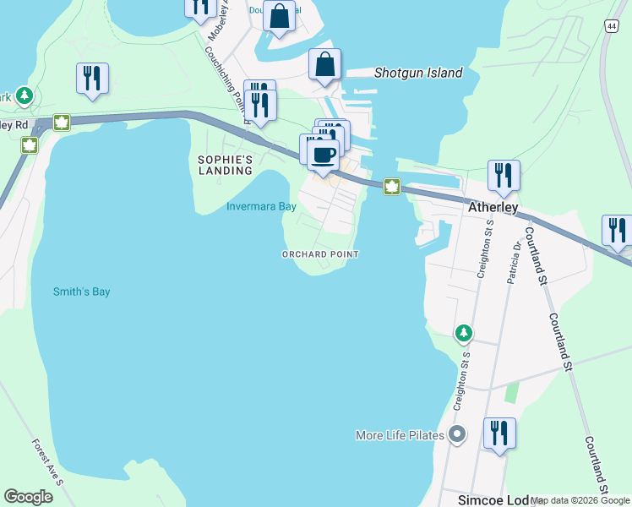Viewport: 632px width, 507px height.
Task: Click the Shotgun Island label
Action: (x=418, y=73)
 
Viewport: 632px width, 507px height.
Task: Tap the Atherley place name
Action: (x=493, y=206)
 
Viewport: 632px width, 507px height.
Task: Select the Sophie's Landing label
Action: (x=226, y=165)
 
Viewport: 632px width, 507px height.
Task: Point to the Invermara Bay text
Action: (x=261, y=206)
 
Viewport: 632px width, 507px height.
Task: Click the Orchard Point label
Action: (x=320, y=254)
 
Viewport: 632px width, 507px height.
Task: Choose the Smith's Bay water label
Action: (x=81, y=292)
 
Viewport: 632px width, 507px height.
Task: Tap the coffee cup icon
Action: (x=322, y=155)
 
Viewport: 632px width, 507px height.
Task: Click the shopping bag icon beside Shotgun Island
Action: (x=325, y=64)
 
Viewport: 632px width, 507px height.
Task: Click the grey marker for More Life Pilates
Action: (x=457, y=435)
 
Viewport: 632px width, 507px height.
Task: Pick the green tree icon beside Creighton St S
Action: (x=463, y=334)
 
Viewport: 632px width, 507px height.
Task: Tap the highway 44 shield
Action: (x=610, y=27)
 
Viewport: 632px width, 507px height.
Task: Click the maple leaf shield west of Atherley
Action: (x=392, y=187)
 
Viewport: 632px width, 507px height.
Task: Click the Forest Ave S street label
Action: (x=47, y=461)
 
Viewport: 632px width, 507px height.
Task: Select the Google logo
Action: (x=28, y=497)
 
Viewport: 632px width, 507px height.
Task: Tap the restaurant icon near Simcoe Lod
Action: (x=499, y=433)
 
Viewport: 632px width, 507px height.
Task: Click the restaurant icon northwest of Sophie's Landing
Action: (x=90, y=79)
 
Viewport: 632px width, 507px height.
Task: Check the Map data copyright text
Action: (x=580, y=500)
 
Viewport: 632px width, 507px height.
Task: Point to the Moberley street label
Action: (x=225, y=17)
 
